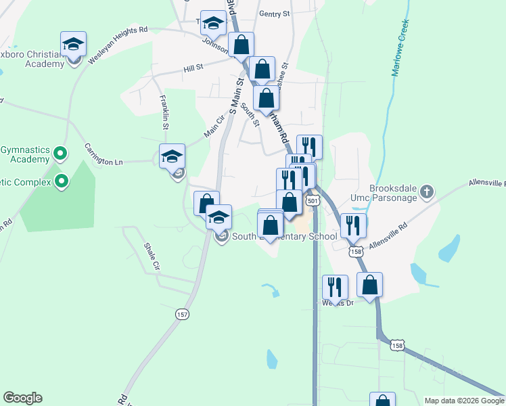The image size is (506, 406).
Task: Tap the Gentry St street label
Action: (x=274, y=14)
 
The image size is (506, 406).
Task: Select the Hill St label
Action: (x=193, y=68)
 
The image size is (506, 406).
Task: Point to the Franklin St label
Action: (x=164, y=112)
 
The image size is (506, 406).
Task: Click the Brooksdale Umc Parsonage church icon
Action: (x=426, y=192)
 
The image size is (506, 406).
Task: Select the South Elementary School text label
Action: (x=284, y=237)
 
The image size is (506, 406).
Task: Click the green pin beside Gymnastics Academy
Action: (x=61, y=154)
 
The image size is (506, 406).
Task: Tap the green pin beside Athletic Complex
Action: (x=61, y=181)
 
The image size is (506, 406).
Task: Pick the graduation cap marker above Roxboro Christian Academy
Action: (x=73, y=45)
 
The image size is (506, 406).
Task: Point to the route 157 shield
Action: (x=182, y=314)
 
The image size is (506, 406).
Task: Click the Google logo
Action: (x=22, y=398)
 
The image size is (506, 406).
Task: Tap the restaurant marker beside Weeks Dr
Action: (x=335, y=287)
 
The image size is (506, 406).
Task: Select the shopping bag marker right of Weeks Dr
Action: (x=369, y=285)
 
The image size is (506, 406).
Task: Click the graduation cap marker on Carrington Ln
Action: (x=172, y=156)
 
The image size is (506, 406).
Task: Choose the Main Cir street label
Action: (x=215, y=125)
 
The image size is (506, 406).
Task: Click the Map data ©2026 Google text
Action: (x=463, y=401)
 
